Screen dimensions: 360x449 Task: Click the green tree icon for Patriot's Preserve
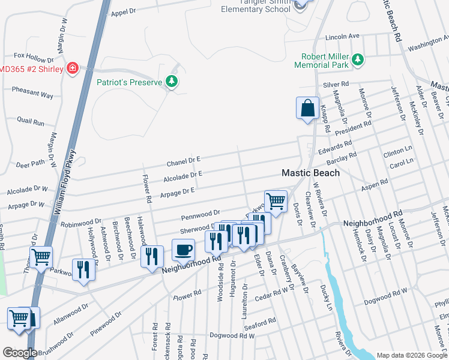point(172,81)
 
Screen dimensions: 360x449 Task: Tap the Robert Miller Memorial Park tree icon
point(358,59)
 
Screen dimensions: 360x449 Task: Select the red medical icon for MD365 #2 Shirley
point(73,68)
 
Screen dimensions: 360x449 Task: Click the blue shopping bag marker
point(307,109)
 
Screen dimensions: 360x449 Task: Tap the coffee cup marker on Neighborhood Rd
point(184,249)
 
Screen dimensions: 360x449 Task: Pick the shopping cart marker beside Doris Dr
point(276,202)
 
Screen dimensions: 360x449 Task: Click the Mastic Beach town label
point(311,173)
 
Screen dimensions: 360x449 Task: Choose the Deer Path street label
point(30,163)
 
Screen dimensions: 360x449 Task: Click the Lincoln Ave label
point(342,37)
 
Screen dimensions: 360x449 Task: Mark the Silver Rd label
point(336,85)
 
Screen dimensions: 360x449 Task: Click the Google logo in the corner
point(19,353)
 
